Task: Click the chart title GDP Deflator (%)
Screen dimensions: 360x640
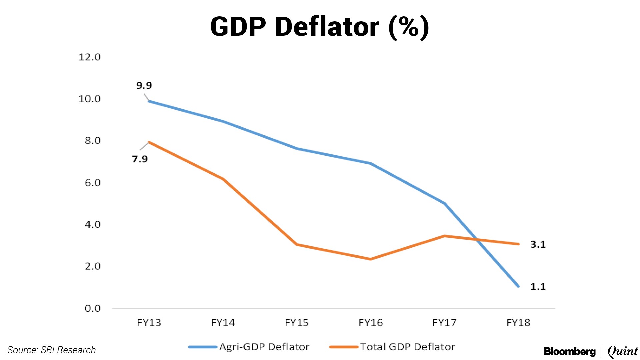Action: pyautogui.click(x=320, y=27)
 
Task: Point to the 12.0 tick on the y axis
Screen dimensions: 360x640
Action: pyautogui.click(x=89, y=57)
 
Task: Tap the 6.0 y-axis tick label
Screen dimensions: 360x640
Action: pyautogui.click(x=92, y=183)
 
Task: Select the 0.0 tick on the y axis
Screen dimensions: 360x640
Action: pyautogui.click(x=92, y=308)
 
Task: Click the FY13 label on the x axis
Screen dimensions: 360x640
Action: pyautogui.click(x=149, y=323)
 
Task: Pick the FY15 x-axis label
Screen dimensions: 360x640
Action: pyautogui.click(x=297, y=323)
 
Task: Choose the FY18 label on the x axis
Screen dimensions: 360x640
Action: pyautogui.click(x=518, y=323)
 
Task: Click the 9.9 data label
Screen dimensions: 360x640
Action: pyautogui.click(x=144, y=86)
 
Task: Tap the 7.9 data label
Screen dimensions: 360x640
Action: pyautogui.click(x=140, y=159)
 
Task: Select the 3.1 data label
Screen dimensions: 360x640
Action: pyautogui.click(x=538, y=245)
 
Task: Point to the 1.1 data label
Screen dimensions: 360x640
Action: pyautogui.click(x=538, y=287)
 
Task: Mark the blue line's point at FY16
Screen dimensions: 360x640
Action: pyautogui.click(x=371, y=163)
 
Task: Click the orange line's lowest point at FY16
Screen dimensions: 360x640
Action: pyautogui.click(x=371, y=259)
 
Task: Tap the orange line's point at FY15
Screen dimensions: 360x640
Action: pyautogui.click(x=297, y=245)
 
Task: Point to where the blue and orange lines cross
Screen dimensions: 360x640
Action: pyautogui.click(x=477, y=239)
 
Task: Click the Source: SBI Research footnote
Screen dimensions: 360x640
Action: pyautogui.click(x=52, y=350)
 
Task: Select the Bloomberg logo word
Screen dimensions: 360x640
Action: pyautogui.click(x=570, y=351)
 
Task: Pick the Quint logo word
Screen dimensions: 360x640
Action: pyautogui.click(x=622, y=351)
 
